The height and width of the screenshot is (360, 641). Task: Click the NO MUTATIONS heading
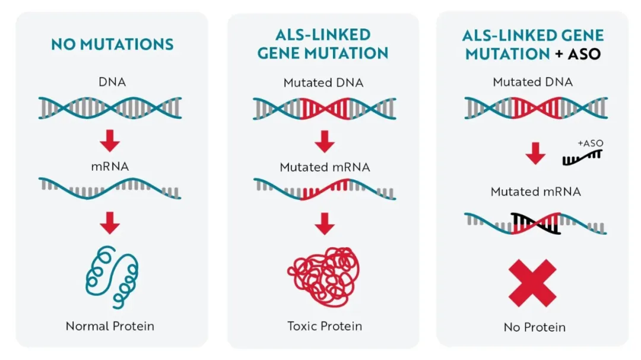(x=112, y=44)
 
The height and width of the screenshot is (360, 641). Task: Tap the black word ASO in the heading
(x=584, y=54)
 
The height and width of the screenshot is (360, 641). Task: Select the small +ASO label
(x=591, y=143)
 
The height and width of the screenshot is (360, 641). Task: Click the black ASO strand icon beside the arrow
(x=582, y=158)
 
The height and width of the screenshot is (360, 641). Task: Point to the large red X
(x=532, y=283)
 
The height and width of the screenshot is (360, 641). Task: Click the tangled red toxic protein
(x=324, y=277)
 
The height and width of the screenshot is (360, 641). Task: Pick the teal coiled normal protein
(x=112, y=276)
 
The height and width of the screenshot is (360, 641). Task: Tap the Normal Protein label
(x=110, y=326)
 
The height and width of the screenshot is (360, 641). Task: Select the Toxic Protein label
(x=325, y=326)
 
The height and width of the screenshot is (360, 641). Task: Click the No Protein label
(x=535, y=327)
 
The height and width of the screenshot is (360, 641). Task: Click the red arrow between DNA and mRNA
(x=110, y=141)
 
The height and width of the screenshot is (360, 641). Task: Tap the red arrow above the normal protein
(x=110, y=223)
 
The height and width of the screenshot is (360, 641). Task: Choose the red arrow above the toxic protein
(x=325, y=224)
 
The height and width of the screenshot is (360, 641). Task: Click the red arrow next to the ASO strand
(x=535, y=154)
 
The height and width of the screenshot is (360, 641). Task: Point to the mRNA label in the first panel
(x=110, y=166)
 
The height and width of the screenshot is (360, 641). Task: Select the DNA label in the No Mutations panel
(x=112, y=82)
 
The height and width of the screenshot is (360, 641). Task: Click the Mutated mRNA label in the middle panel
(x=325, y=167)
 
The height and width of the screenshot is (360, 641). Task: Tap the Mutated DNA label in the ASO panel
(x=532, y=82)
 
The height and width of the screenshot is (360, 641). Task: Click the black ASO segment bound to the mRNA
(x=535, y=224)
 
